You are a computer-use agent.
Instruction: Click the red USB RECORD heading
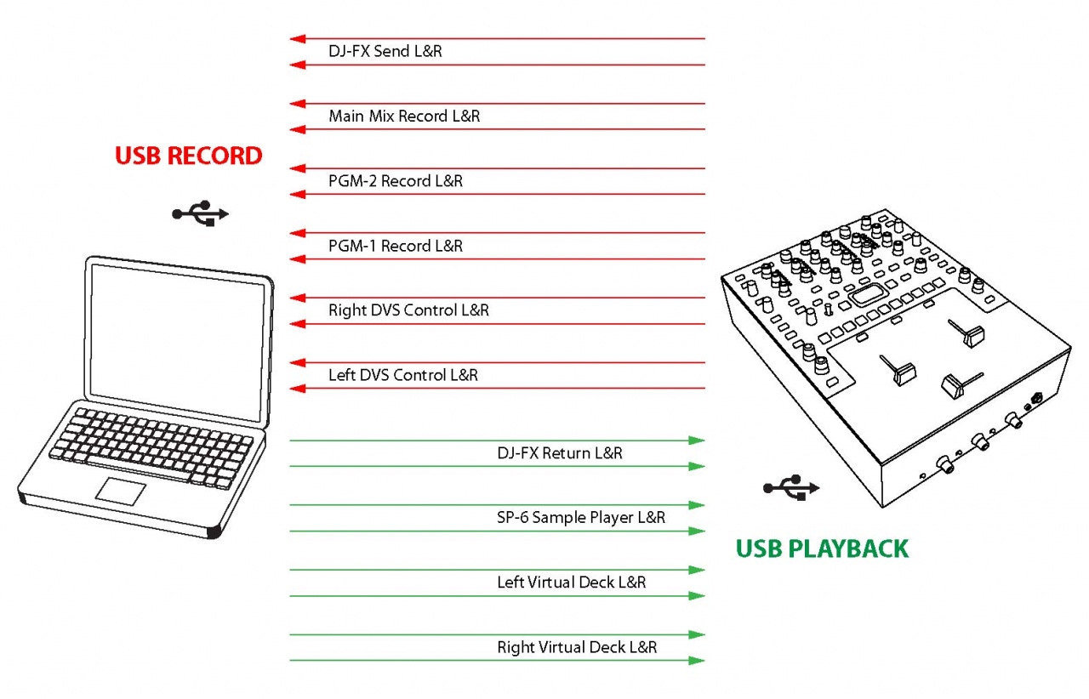[x=188, y=156]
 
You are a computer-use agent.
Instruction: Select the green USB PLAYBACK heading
[x=822, y=548]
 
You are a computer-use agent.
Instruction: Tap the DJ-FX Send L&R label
[x=385, y=52]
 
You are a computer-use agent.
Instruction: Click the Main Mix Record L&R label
[x=404, y=116]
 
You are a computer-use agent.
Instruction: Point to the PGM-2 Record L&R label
[x=396, y=181]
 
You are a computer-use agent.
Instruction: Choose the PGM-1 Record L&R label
[x=396, y=246]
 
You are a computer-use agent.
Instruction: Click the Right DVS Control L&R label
[x=408, y=310]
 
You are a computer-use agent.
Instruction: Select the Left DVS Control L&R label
[x=403, y=375]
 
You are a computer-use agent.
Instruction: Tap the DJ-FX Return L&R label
[x=559, y=453]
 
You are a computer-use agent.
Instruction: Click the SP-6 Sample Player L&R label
[x=581, y=518]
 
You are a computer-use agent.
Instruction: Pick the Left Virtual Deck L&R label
[x=571, y=582]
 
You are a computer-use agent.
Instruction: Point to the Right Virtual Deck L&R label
[x=577, y=647]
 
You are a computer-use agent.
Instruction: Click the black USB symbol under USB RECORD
[x=201, y=214]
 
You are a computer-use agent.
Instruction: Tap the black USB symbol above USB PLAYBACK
[x=791, y=486]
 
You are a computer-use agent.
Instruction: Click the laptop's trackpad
[x=125, y=490]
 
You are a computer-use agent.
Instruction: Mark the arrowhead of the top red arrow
[x=297, y=38]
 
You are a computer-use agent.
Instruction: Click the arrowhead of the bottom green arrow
[x=697, y=661]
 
